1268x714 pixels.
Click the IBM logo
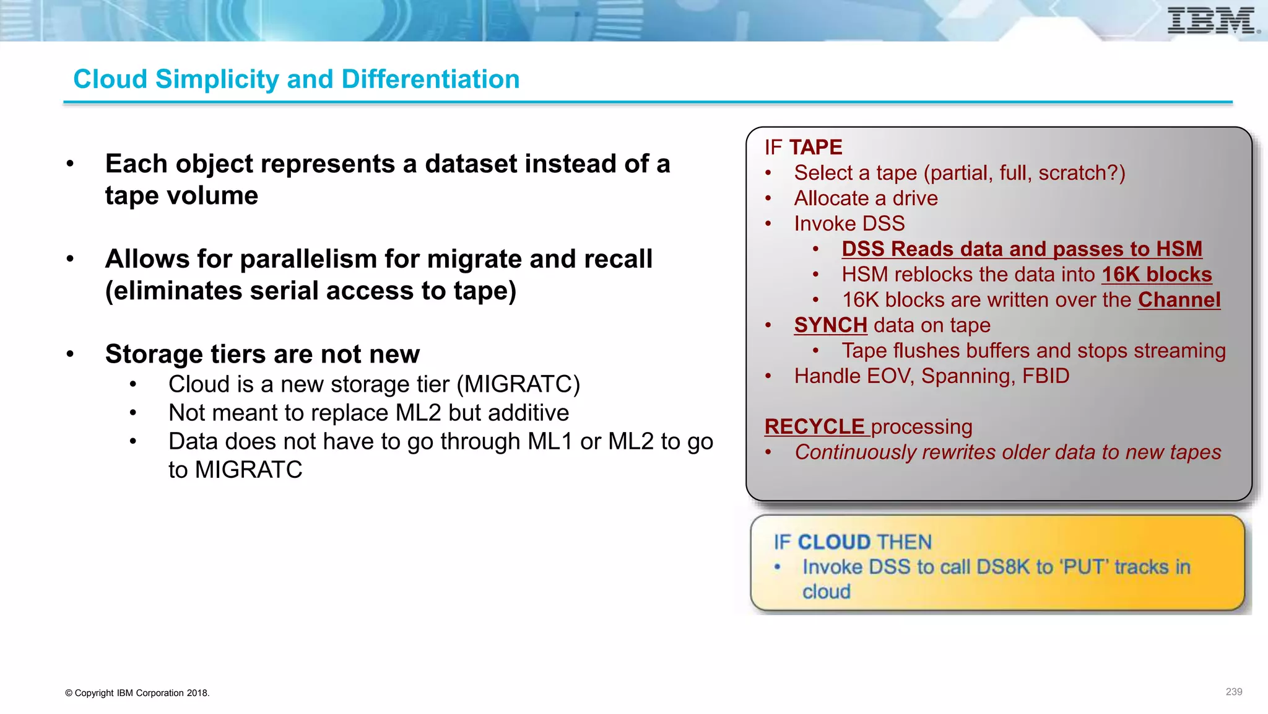(x=1212, y=21)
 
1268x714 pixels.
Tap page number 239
(x=1233, y=692)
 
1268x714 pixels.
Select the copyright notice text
(x=137, y=693)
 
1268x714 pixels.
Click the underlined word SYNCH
(x=830, y=325)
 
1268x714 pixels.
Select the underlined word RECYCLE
(x=814, y=426)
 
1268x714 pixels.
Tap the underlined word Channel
(x=1179, y=300)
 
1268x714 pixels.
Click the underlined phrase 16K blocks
(x=1156, y=275)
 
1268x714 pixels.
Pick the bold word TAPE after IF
(x=815, y=148)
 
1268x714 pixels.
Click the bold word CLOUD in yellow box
(x=833, y=542)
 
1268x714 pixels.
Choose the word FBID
(x=1045, y=376)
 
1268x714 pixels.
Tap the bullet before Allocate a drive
(x=768, y=198)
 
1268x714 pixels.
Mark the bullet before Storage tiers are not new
(x=71, y=355)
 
